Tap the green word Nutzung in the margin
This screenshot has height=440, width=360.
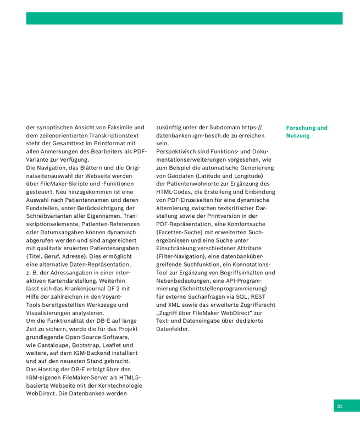pos(298,135)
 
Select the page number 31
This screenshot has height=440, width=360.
pos(340,406)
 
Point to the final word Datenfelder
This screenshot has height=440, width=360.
pos(173,329)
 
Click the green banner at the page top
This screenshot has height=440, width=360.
pos(184,18)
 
